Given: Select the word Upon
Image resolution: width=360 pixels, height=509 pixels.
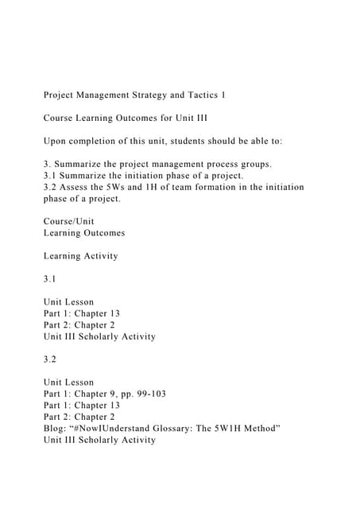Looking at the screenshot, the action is click(x=56, y=142).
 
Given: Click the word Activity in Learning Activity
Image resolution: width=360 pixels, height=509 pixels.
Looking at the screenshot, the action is click(x=99, y=256).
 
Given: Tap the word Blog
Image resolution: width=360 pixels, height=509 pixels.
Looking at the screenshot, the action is click(x=56, y=429).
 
